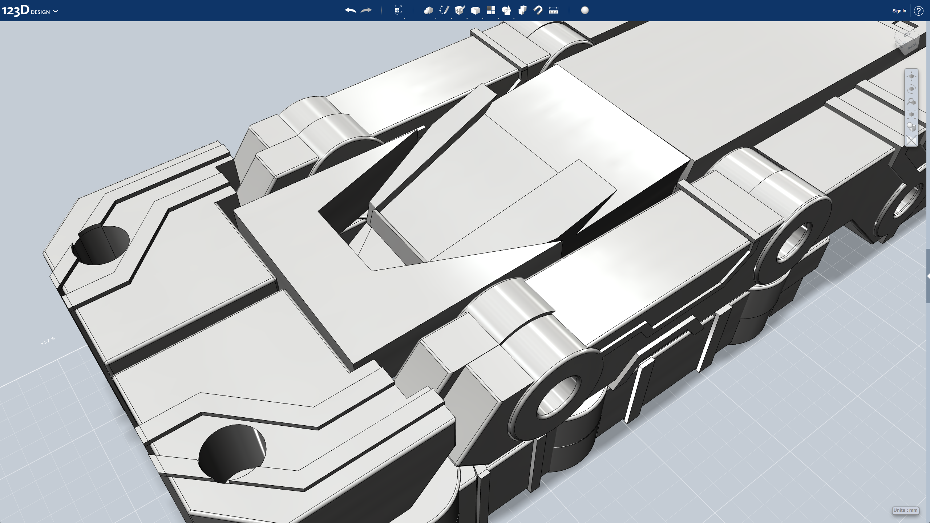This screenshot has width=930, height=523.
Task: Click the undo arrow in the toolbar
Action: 350,11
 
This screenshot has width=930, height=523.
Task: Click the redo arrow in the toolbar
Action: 366,11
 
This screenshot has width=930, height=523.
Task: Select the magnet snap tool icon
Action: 538,10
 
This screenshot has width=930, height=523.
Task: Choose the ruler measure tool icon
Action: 553,11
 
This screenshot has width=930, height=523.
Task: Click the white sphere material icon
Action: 585,10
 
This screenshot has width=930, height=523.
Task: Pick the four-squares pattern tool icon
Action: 491,10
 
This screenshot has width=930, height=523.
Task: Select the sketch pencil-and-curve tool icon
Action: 444,10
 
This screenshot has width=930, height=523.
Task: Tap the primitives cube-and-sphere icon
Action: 428,10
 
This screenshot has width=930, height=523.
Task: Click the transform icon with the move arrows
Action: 398,10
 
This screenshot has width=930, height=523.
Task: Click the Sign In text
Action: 899,11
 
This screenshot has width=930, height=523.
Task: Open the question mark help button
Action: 918,11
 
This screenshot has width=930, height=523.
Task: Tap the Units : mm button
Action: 905,510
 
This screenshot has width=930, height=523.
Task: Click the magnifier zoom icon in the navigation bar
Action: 911,102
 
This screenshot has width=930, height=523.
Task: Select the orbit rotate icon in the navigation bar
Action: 911,89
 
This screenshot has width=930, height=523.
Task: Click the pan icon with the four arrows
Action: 911,76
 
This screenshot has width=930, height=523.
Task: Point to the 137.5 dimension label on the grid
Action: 48,341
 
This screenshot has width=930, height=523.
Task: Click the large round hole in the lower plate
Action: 232,452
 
